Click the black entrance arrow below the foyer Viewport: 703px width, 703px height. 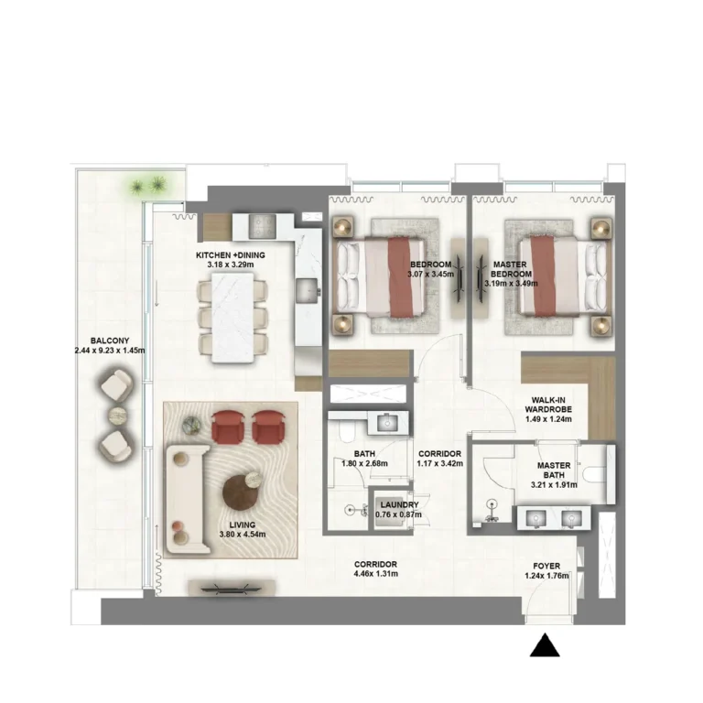pos(546,646)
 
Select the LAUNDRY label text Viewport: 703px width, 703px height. pos(398,504)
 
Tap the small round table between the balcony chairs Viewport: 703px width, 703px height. pos(116,416)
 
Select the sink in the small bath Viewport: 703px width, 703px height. pos(385,422)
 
